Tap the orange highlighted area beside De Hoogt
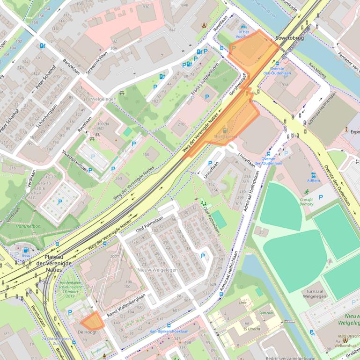click(92, 321)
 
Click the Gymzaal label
click(265, 312)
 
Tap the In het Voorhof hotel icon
click(243, 28)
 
